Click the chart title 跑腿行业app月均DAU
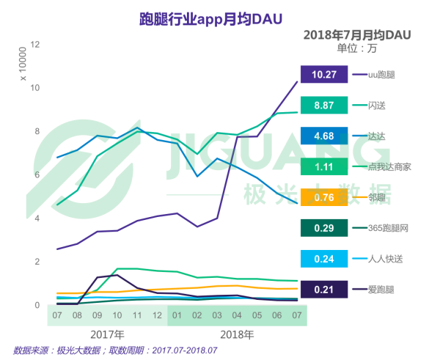pyautogui.click(x=211, y=19)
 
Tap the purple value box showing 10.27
pyautogui.click(x=324, y=74)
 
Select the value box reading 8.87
pyautogui.click(x=324, y=105)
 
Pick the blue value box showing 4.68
pyautogui.click(x=324, y=136)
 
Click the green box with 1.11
pyautogui.click(x=324, y=166)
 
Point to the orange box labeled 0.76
pyautogui.click(x=324, y=197)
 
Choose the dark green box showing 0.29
pyautogui.click(x=324, y=228)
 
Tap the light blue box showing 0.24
pyautogui.click(x=324, y=259)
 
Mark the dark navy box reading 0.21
pyautogui.click(x=324, y=290)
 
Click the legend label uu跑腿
pyautogui.click(x=381, y=75)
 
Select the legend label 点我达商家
pyautogui.click(x=389, y=167)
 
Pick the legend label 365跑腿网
pyautogui.click(x=388, y=228)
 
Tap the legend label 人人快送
pyautogui.click(x=385, y=259)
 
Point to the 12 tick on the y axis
pyautogui.click(x=35, y=44)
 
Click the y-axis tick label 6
pyautogui.click(x=37, y=175)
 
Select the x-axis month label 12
pyautogui.click(x=157, y=315)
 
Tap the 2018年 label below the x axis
pyautogui.click(x=237, y=335)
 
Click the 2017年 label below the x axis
pyautogui.click(x=107, y=335)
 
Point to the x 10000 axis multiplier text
pyautogui.click(x=23, y=64)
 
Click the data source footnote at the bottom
pyautogui.click(x=115, y=350)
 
